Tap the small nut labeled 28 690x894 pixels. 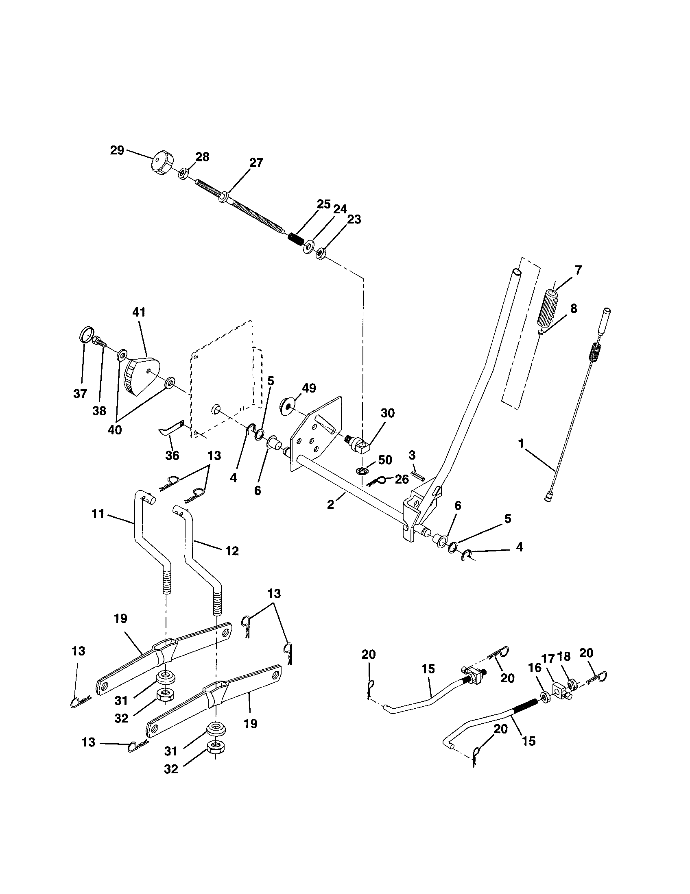(x=183, y=174)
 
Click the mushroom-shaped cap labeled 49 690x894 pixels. (x=288, y=405)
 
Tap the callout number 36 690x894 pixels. (x=172, y=456)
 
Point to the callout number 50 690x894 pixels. (x=385, y=460)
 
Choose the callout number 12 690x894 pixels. (x=232, y=551)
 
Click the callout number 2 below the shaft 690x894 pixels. (x=331, y=504)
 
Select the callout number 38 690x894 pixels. (x=99, y=410)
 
